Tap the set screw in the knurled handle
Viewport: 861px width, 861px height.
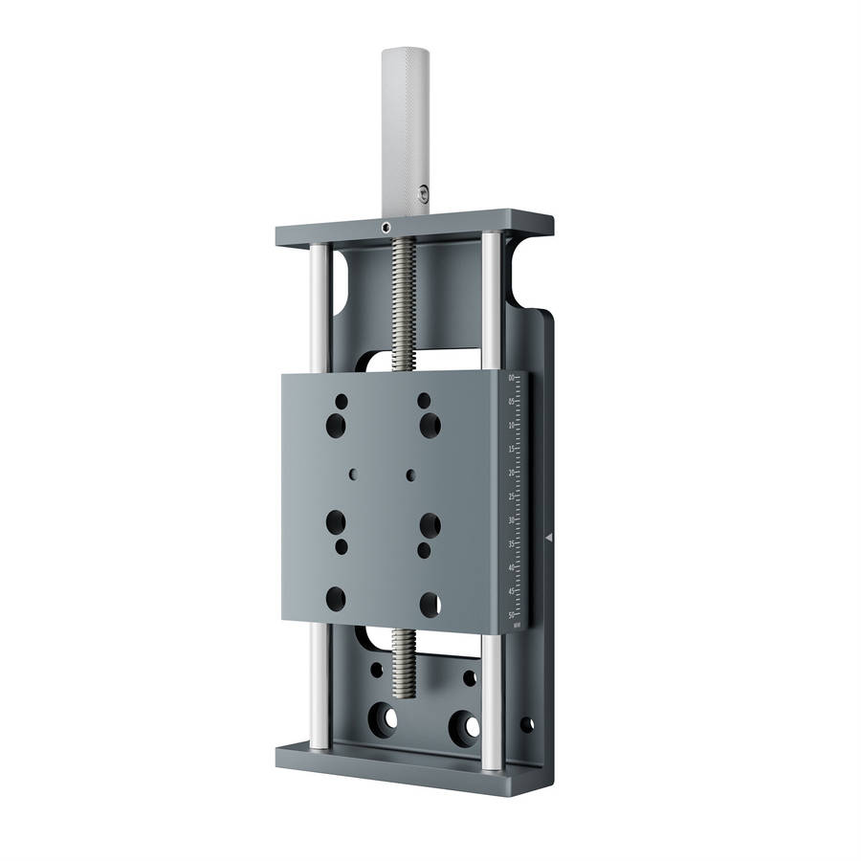[422, 198]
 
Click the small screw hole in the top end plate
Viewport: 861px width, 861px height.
[385, 228]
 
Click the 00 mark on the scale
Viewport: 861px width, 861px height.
[512, 379]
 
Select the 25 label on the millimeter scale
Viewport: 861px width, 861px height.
[512, 497]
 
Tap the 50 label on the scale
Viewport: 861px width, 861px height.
[512, 615]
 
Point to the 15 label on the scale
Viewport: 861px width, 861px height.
[512, 450]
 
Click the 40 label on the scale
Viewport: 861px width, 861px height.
[512, 567]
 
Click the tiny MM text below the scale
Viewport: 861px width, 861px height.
[517, 626]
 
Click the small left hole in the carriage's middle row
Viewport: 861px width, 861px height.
[354, 473]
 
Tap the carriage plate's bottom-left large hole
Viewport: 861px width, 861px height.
[336, 599]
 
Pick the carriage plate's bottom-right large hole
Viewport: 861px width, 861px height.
[430, 604]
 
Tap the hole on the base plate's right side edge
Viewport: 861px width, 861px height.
[526, 724]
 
